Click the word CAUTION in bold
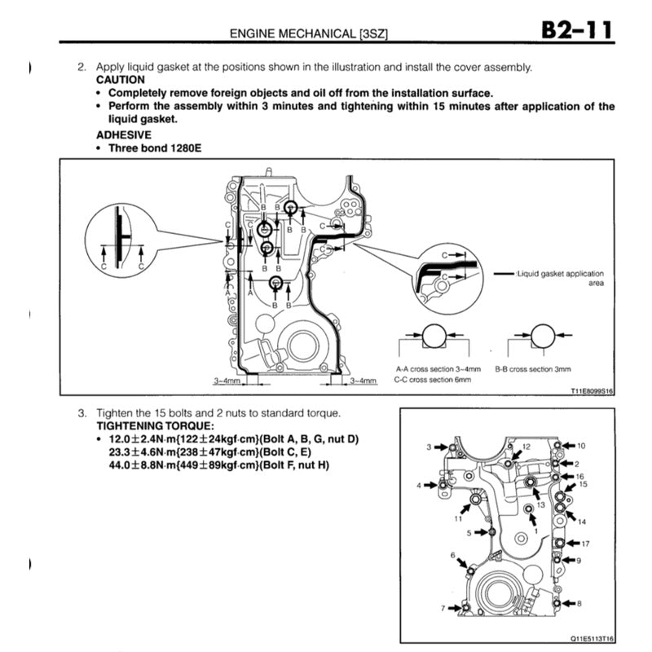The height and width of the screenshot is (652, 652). (x=121, y=80)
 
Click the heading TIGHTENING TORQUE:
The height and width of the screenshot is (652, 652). (x=156, y=426)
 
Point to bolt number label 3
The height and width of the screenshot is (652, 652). (x=429, y=447)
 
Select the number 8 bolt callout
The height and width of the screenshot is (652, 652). (x=579, y=604)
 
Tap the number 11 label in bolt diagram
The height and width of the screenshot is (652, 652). (x=458, y=518)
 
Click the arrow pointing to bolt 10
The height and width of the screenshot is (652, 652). (x=568, y=446)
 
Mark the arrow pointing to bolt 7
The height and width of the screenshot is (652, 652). (x=453, y=608)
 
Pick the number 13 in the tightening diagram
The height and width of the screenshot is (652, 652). (x=540, y=504)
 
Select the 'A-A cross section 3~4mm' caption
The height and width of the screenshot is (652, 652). (x=433, y=369)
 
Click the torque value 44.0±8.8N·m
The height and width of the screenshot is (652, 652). (x=143, y=465)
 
